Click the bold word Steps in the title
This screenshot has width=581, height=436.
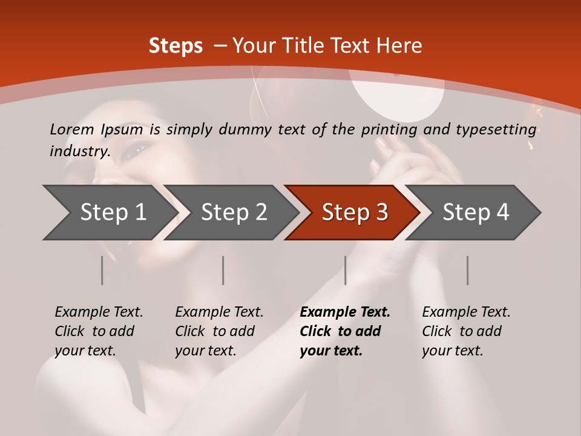(176, 46)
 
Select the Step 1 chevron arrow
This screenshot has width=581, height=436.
(109, 212)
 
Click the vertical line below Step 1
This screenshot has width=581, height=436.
(102, 270)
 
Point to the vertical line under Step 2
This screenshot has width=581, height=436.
(223, 270)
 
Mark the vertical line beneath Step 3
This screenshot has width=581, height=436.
(346, 270)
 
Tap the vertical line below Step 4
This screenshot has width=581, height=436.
(468, 270)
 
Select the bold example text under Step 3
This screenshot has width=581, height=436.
(344, 331)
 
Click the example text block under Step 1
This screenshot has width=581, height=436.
(99, 331)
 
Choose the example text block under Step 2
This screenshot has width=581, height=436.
(219, 331)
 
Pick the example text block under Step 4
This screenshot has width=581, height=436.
(465, 331)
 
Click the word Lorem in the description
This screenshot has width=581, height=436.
(72, 129)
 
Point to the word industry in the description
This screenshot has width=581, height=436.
(79, 151)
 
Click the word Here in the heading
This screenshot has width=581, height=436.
(399, 46)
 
